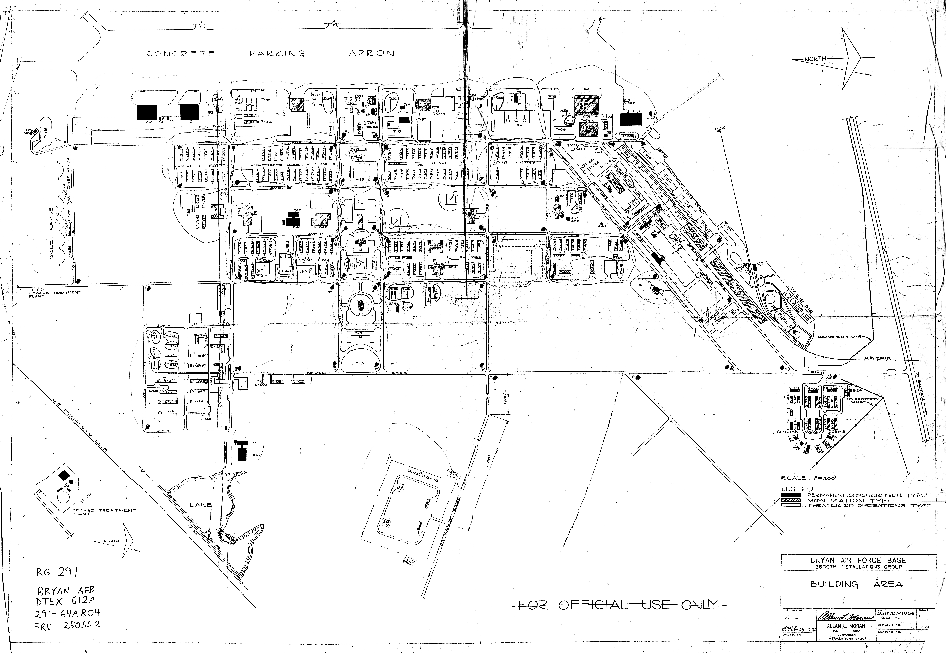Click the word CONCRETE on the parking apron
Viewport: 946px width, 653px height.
pyautogui.click(x=180, y=54)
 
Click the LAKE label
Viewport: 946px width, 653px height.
pyautogui.click(x=200, y=504)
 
